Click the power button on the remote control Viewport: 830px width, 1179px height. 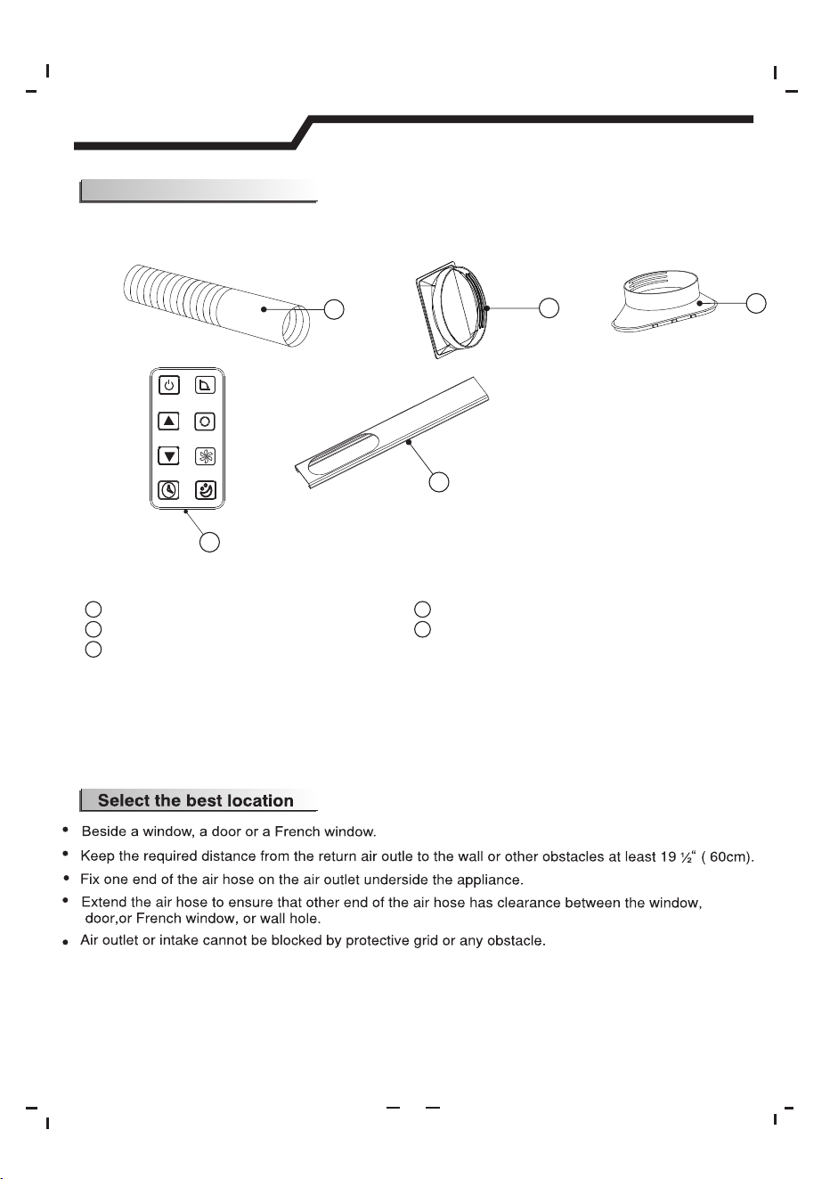[169, 385]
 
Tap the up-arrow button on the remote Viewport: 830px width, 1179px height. [168, 421]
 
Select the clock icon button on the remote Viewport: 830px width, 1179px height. [168, 490]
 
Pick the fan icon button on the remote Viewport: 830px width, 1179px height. [205, 456]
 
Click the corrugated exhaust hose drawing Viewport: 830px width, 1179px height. [216, 306]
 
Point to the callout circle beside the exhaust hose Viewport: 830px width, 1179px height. [334, 309]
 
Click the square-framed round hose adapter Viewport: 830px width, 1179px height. [453, 309]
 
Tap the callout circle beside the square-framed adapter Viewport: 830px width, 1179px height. [549, 308]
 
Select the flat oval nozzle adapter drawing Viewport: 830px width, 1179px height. [663, 301]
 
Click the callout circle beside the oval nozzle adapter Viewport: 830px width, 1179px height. [756, 303]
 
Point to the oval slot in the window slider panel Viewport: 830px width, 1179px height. [343, 451]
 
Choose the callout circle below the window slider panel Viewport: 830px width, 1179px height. [439, 482]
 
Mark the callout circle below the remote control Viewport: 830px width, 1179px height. [209, 542]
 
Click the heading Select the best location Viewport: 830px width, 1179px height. [196, 800]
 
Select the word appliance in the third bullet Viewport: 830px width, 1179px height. [490, 880]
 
